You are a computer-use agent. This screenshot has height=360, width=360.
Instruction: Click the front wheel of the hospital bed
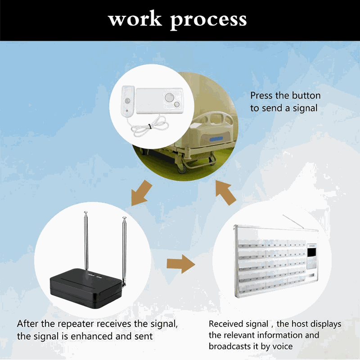tap(181, 169)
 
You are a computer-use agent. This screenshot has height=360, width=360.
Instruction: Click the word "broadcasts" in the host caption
tap(229, 346)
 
